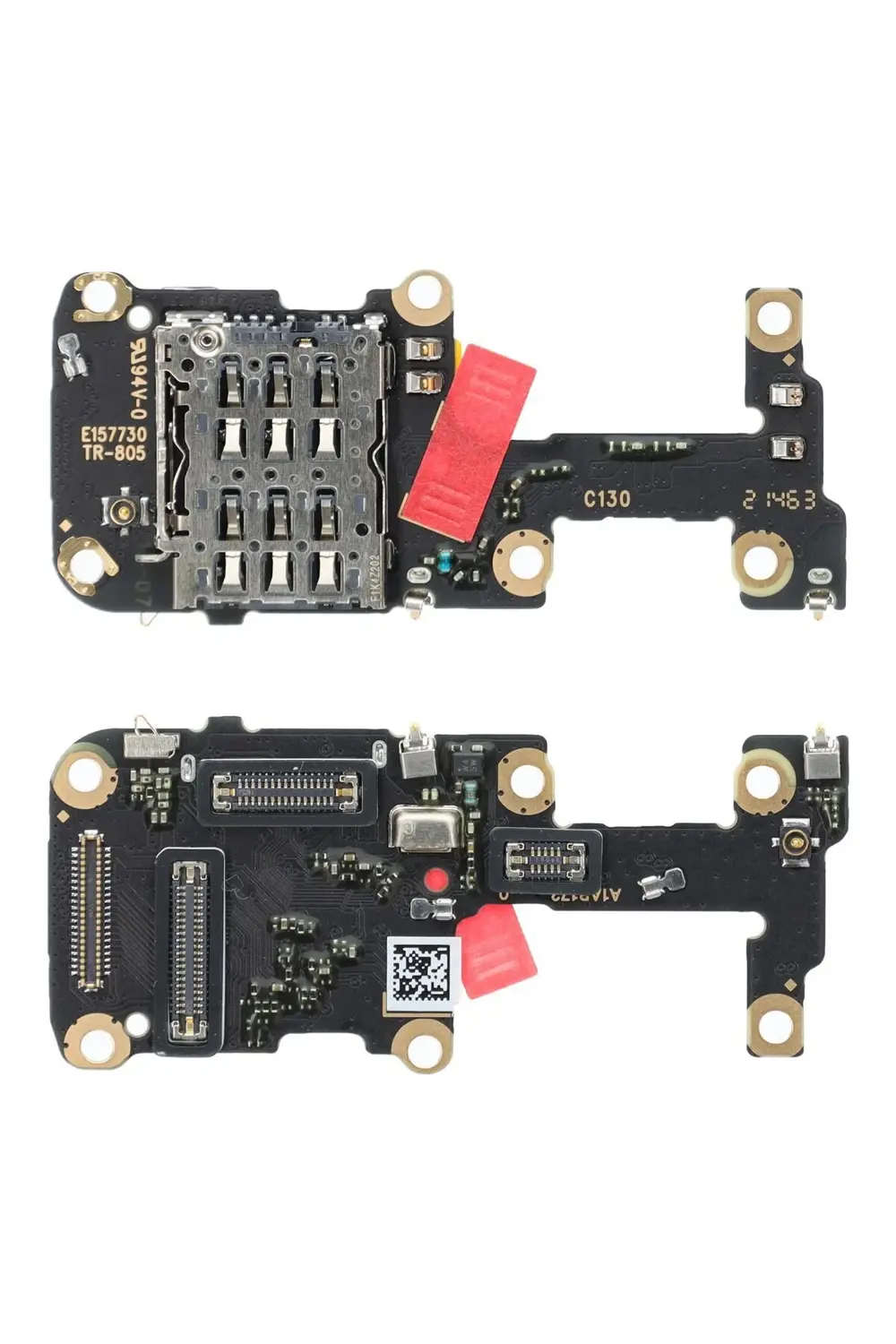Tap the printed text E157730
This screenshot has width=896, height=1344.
(113, 434)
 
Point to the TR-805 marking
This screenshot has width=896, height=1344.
(113, 453)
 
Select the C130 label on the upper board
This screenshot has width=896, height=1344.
(607, 499)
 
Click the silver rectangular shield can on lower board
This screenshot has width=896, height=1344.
(426, 829)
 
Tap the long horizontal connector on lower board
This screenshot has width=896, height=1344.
(285, 789)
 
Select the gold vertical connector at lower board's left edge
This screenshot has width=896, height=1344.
(90, 910)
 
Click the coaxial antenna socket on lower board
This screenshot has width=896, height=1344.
(792, 842)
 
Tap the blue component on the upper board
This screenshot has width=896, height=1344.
(446, 563)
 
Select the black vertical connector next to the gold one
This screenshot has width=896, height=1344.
(190, 948)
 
